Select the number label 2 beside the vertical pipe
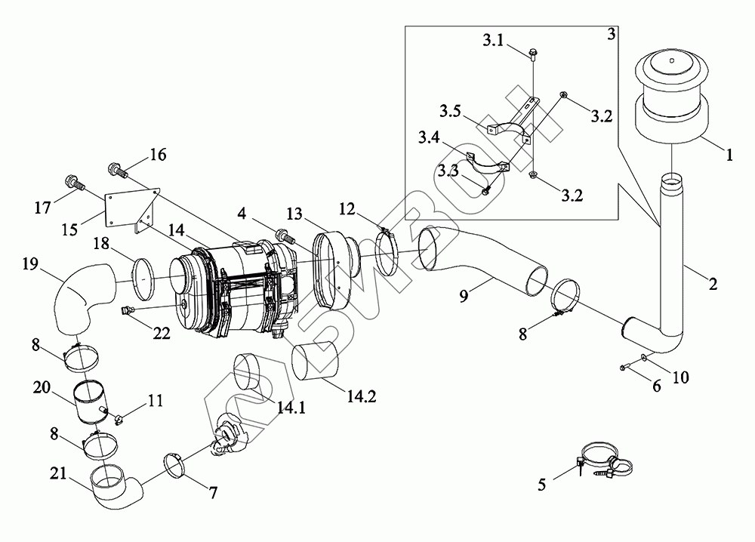[x=713, y=285]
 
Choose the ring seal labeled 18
[x=143, y=271]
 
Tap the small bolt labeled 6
[x=622, y=367]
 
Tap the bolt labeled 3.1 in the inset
[x=533, y=53]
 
